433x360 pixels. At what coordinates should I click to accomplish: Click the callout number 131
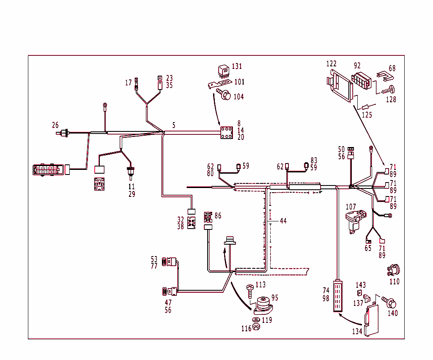(x=237, y=66)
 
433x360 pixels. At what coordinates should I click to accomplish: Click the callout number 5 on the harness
(x=174, y=125)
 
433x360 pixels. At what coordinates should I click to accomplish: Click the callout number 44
(x=283, y=221)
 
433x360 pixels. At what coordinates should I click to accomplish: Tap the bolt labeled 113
(x=250, y=291)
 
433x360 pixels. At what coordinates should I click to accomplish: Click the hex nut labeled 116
(x=256, y=328)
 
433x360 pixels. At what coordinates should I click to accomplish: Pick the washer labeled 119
(x=256, y=319)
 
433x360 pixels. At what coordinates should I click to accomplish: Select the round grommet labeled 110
(x=394, y=269)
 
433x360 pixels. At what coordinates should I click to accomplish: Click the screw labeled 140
(x=389, y=302)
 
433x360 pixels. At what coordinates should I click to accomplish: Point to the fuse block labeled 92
(x=362, y=81)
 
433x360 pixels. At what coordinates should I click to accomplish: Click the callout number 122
(x=331, y=64)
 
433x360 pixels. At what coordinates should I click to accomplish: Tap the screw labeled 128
(x=389, y=90)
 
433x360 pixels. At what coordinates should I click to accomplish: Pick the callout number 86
(x=218, y=215)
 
